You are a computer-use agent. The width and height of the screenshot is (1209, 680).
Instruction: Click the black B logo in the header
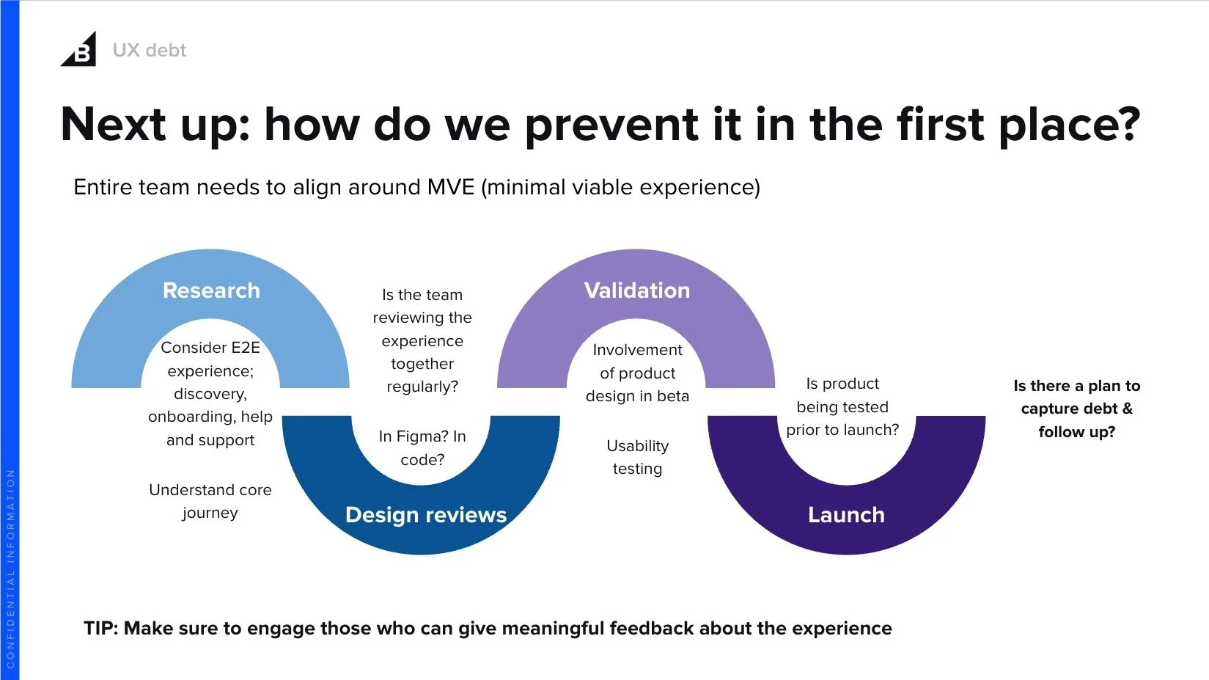(80, 51)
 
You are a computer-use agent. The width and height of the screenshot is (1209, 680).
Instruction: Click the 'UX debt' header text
(150, 50)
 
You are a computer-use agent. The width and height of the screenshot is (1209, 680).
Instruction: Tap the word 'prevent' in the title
(611, 125)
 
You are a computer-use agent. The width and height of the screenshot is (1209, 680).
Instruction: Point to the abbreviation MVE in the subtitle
(451, 187)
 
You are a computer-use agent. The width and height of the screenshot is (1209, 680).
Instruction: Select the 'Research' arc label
(211, 290)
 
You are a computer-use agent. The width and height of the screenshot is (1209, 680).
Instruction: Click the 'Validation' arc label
(636, 290)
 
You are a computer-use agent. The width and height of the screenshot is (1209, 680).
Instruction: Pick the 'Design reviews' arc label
(425, 515)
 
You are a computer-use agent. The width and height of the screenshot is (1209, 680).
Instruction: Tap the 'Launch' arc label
(846, 515)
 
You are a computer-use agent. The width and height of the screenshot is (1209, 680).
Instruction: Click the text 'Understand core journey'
(210, 501)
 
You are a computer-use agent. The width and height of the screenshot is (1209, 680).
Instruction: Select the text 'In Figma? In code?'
(422, 447)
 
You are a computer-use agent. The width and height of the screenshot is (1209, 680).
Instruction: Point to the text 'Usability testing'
(637, 457)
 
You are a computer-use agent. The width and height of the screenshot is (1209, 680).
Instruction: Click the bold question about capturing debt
(1076, 409)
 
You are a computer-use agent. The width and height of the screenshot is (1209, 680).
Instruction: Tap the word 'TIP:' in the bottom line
(100, 629)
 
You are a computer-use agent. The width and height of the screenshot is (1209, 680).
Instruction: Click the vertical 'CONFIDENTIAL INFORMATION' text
(10, 569)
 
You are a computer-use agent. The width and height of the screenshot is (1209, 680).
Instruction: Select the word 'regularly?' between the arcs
(422, 387)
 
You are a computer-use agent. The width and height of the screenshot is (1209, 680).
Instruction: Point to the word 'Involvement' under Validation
(637, 350)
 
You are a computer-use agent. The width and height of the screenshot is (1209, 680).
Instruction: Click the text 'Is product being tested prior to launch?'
(842, 406)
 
